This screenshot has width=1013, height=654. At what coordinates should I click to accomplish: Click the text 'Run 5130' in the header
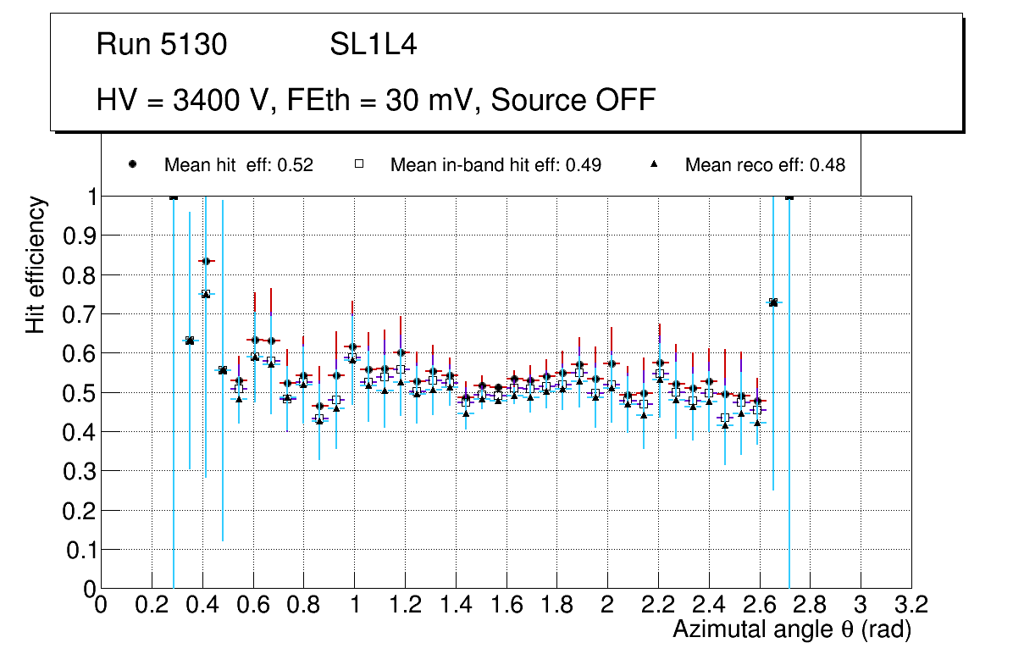(162, 45)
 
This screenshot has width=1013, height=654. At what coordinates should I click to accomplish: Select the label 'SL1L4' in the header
(373, 45)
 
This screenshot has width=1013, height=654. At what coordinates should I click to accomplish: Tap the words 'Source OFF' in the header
(573, 100)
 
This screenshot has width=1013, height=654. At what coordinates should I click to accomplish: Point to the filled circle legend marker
(133, 165)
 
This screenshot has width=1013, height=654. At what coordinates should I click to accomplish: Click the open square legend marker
(359, 165)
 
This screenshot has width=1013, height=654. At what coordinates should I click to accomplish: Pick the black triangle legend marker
(655, 165)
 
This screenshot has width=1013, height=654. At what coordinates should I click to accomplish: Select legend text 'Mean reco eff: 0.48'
(765, 165)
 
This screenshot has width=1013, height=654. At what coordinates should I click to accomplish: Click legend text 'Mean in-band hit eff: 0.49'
(495, 165)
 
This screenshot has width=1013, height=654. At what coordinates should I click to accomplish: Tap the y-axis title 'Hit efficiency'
(36, 264)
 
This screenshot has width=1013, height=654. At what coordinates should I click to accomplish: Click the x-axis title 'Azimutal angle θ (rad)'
(791, 629)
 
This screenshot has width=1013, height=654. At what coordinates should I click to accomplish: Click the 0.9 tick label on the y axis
(81, 236)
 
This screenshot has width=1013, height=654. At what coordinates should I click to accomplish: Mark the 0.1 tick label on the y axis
(81, 550)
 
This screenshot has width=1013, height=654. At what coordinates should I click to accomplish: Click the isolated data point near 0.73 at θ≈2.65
(773, 302)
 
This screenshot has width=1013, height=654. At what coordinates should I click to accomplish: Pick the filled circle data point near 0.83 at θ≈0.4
(205, 261)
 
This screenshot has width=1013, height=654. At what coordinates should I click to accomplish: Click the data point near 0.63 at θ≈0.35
(190, 341)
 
